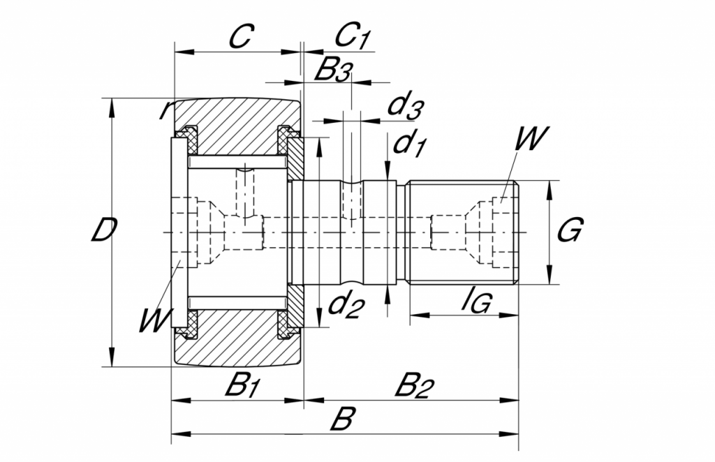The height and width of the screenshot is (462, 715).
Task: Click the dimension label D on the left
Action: click(103, 231)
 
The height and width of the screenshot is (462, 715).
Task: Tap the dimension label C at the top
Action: click(239, 37)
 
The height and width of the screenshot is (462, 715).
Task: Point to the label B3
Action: click(333, 70)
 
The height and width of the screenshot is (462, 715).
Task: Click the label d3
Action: click(406, 106)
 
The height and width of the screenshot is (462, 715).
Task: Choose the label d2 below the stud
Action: click(346, 306)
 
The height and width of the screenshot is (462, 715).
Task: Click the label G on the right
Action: click(570, 230)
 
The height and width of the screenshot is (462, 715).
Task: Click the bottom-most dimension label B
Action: click(341, 421)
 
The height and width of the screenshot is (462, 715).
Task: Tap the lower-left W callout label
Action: click(153, 322)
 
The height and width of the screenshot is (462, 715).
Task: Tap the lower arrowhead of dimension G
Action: click(549, 278)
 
